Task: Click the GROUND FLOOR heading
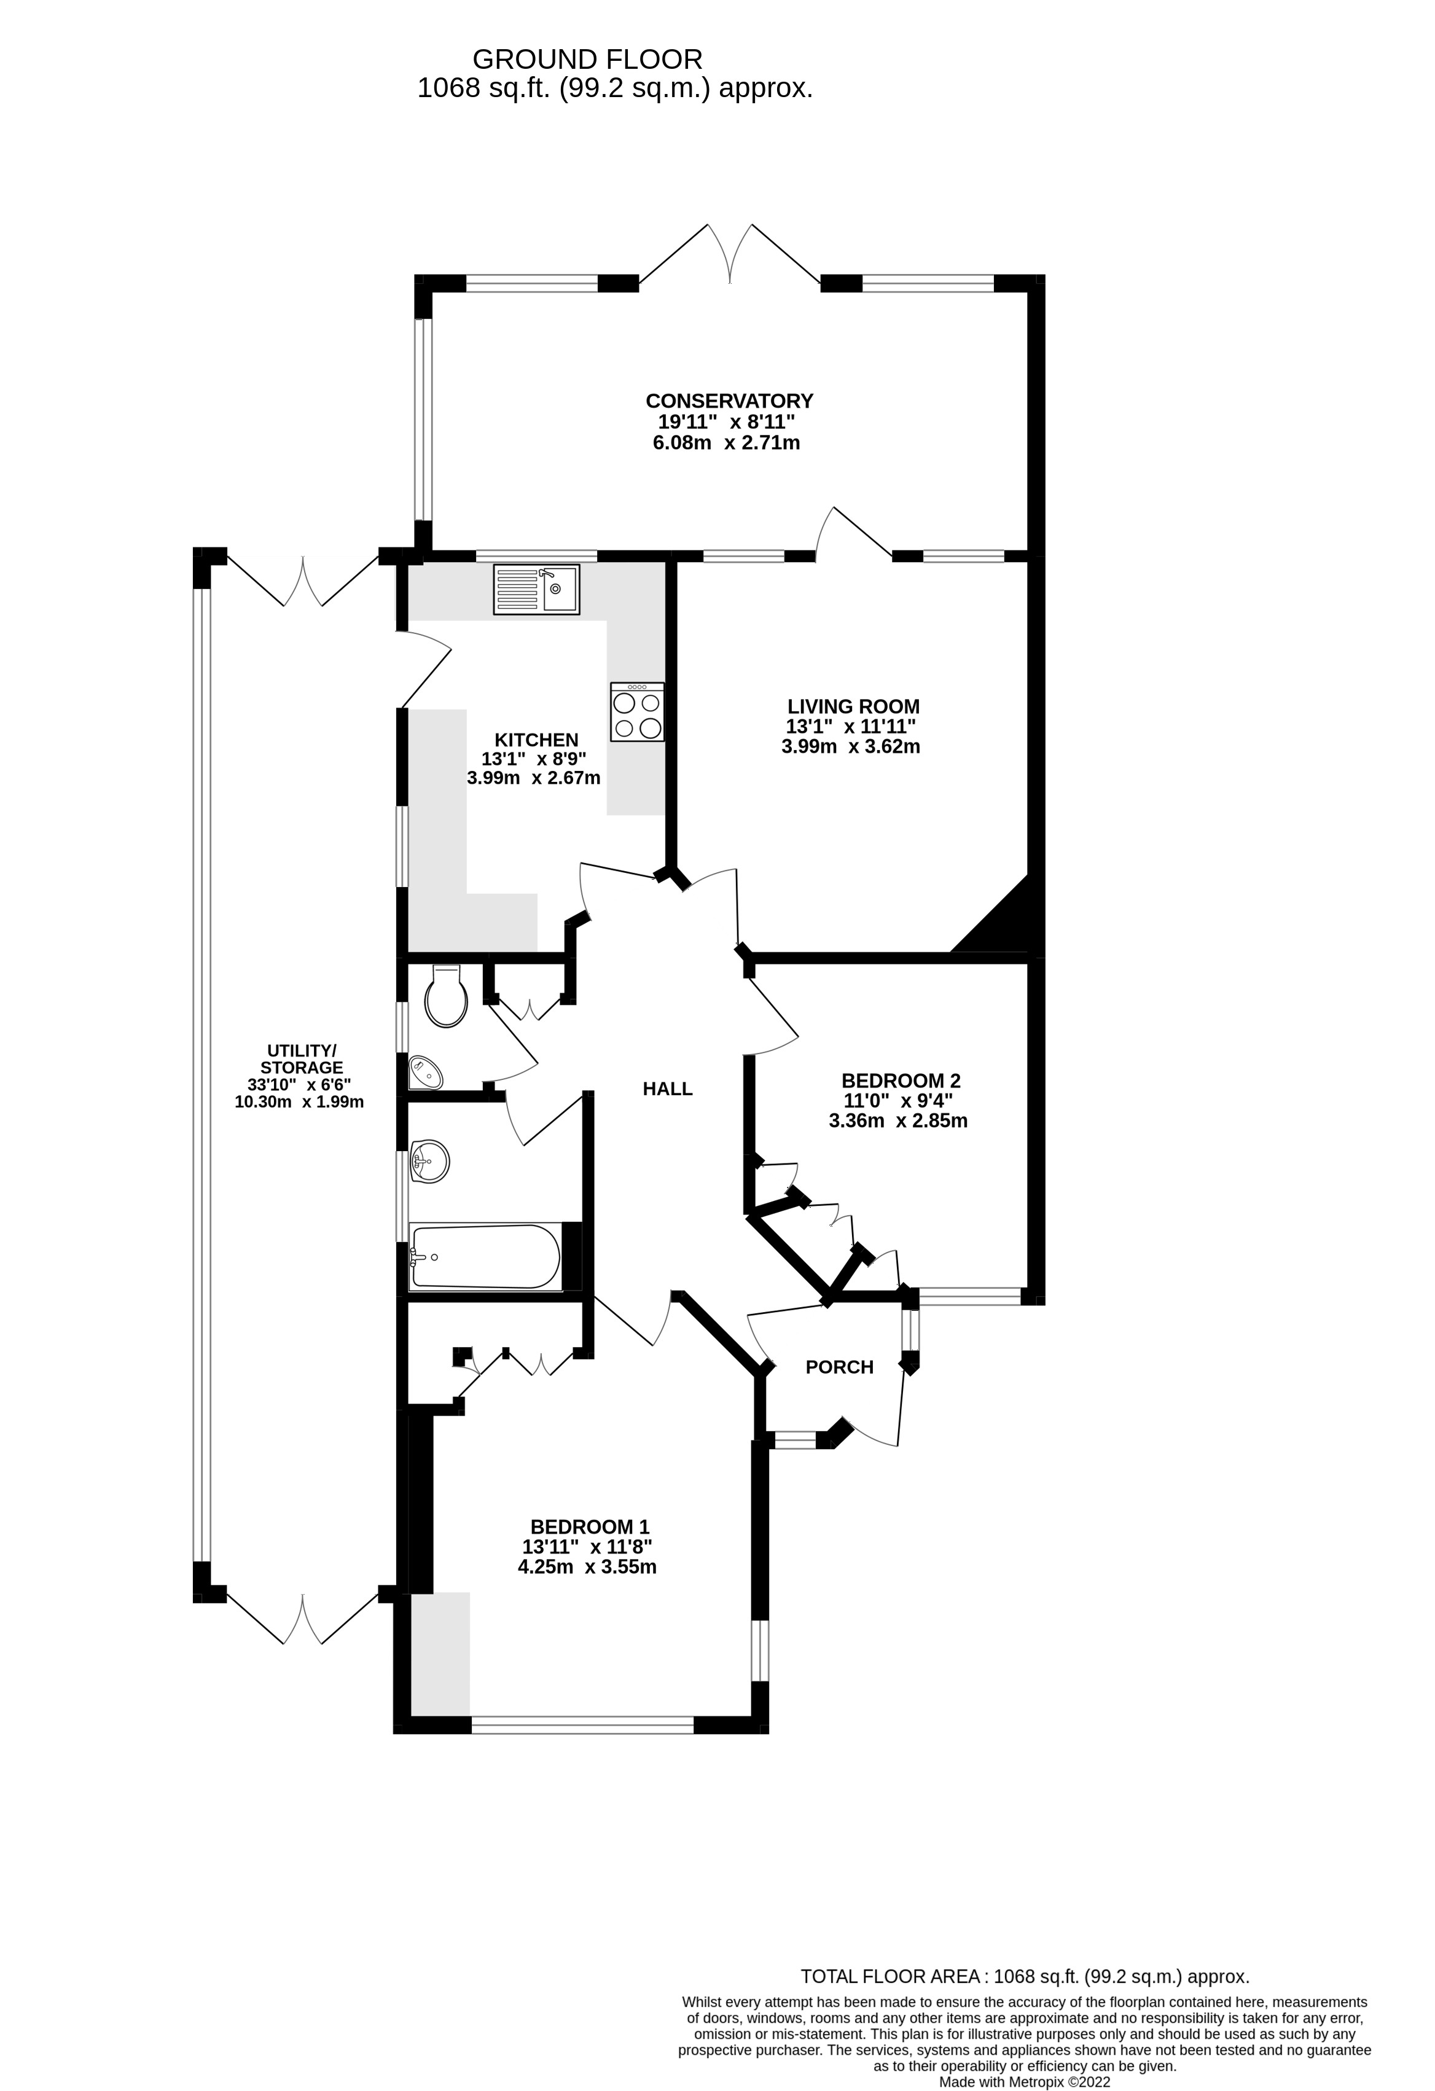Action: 587,60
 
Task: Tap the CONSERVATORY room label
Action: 729,401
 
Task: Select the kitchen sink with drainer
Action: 536,589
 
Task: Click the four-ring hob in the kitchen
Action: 637,713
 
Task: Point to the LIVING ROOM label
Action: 853,706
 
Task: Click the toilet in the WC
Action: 446,997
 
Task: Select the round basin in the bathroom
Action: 429,1162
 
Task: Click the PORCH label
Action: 839,1367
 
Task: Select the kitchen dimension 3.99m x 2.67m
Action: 533,778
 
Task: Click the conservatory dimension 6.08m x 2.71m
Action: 726,443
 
